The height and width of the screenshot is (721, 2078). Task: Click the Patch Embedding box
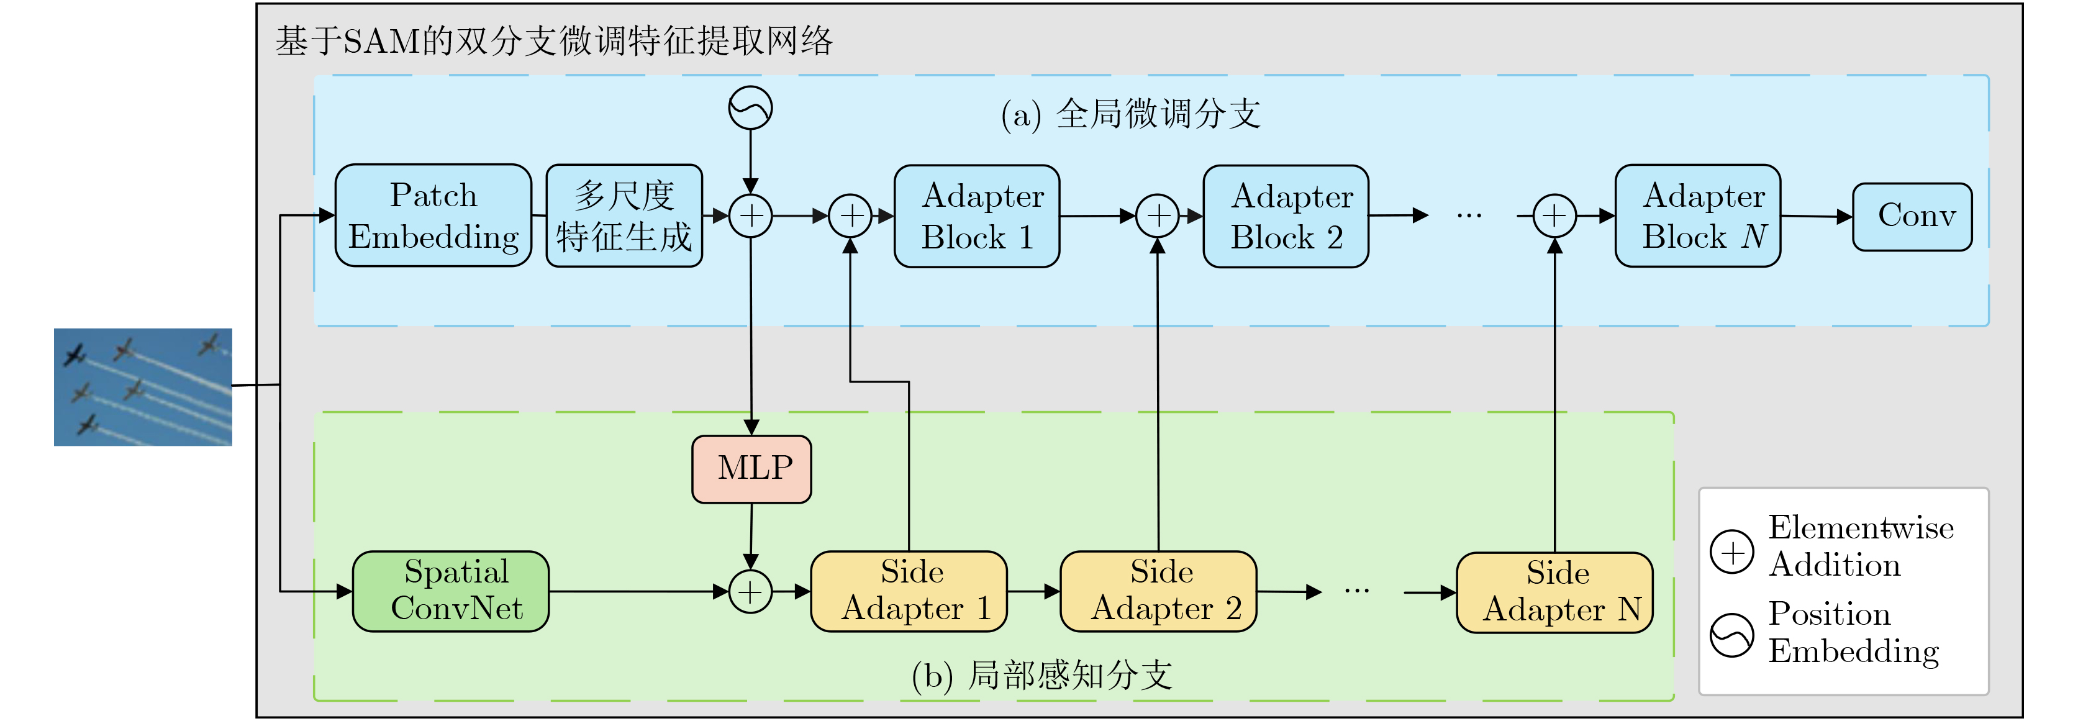(433, 215)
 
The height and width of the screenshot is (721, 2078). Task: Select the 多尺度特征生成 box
(624, 215)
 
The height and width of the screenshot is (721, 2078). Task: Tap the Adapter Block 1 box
(977, 216)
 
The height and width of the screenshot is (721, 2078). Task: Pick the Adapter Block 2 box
(1286, 216)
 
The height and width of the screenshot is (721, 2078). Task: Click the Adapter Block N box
(1698, 215)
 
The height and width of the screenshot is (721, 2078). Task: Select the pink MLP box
(752, 469)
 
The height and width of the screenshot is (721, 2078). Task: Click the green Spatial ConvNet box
(451, 591)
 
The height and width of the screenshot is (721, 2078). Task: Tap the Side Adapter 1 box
(909, 591)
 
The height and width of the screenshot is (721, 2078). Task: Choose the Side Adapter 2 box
(1158, 591)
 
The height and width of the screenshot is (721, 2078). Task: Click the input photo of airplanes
(143, 386)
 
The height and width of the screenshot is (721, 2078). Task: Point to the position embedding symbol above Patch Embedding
(750, 108)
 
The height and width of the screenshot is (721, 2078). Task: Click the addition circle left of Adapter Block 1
(851, 216)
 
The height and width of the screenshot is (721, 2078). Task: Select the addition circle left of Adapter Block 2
(1158, 216)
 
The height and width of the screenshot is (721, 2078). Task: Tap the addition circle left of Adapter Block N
(1554, 216)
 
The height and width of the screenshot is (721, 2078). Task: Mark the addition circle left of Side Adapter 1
(750, 592)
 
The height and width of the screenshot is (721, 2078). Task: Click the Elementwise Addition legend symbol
(1732, 553)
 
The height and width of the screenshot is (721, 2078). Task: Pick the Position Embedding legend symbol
(1732, 635)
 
